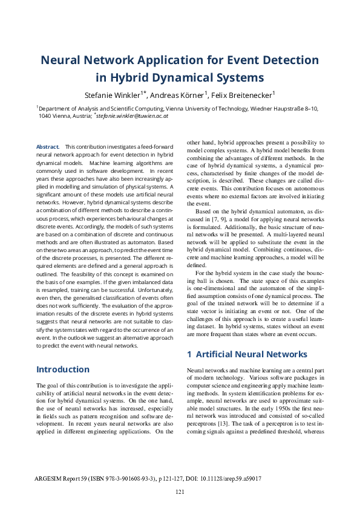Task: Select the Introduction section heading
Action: (x=63, y=369)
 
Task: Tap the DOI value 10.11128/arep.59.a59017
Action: (x=231, y=478)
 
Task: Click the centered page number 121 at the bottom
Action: (x=180, y=492)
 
